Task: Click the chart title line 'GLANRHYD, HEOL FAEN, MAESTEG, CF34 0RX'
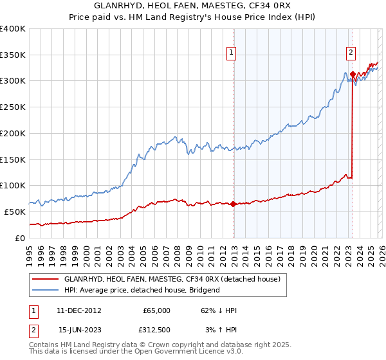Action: click(192, 6)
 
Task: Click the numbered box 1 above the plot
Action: click(230, 53)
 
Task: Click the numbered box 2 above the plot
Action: click(351, 53)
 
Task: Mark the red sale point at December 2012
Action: click(234, 204)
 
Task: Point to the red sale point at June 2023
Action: click(353, 74)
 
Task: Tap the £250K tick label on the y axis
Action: click(13, 107)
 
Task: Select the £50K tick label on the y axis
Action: click(15, 212)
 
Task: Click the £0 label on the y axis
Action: click(21, 238)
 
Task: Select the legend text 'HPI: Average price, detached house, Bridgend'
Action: click(142, 290)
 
